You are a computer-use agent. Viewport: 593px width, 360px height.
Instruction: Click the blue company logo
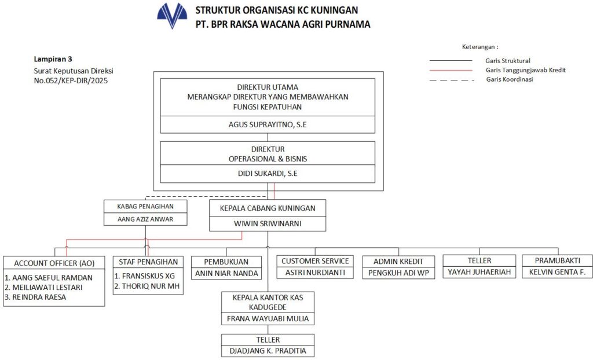click(172, 16)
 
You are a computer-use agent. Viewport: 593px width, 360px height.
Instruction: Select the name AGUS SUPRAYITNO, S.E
click(268, 124)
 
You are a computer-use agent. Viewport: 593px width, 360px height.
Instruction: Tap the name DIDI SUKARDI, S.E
click(268, 173)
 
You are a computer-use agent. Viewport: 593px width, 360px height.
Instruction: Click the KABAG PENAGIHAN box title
click(147, 205)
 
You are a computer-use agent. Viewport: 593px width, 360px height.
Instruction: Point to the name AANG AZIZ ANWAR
click(147, 219)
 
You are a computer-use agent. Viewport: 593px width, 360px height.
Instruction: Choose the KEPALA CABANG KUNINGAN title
click(268, 208)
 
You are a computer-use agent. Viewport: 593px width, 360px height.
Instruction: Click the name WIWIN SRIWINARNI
click(268, 223)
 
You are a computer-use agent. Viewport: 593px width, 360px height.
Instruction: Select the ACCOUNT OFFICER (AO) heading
click(54, 262)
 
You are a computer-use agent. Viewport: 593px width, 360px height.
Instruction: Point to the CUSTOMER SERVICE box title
click(315, 261)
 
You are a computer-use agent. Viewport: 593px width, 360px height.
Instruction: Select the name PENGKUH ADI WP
click(398, 273)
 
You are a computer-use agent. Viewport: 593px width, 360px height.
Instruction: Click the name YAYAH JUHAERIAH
click(479, 273)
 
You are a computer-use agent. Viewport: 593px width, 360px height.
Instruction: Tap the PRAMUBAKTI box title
click(557, 260)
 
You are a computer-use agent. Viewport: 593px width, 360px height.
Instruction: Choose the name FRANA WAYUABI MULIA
click(268, 318)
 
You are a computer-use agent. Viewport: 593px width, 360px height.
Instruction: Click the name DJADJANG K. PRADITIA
click(268, 351)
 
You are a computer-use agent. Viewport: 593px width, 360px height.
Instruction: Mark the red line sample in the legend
click(450, 70)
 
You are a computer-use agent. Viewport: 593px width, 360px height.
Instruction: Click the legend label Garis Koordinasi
click(510, 79)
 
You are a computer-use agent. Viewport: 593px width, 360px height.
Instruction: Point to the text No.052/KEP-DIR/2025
click(71, 81)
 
